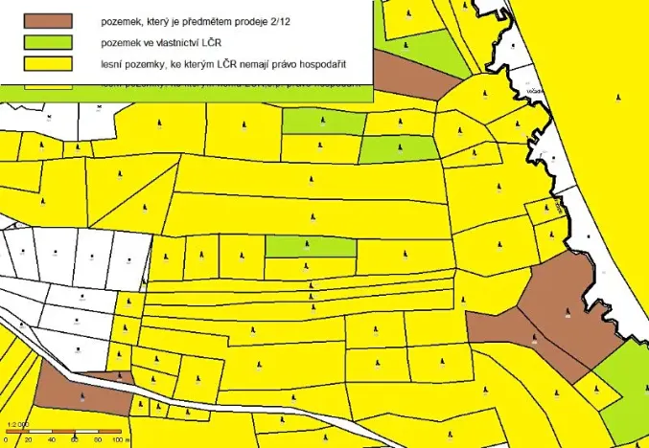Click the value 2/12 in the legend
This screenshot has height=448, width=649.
click(277, 19)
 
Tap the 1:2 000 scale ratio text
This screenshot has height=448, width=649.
click(16, 422)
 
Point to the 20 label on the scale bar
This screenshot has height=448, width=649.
click(28, 440)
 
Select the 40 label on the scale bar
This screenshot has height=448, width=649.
click(52, 440)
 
